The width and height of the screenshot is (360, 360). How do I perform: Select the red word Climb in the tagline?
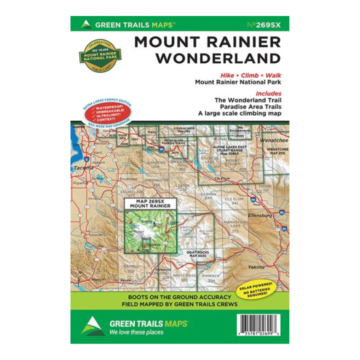tap(245, 75)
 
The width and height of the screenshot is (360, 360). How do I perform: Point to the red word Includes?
tap(268, 93)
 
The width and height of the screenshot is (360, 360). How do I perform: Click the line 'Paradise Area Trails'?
tap(248, 106)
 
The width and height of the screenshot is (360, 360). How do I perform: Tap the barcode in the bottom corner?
tap(264, 325)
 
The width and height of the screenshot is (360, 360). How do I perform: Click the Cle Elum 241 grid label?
tap(234, 200)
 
